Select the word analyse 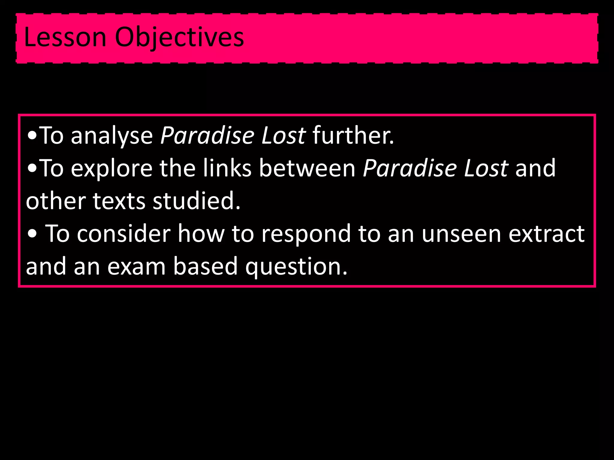[x=112, y=136]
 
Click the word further [x=353, y=135]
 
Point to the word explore [x=112, y=169]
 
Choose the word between [x=307, y=168]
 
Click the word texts [x=119, y=201]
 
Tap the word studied [x=196, y=201]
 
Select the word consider [x=124, y=233]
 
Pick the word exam [x=136, y=266]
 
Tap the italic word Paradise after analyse [x=207, y=136]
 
